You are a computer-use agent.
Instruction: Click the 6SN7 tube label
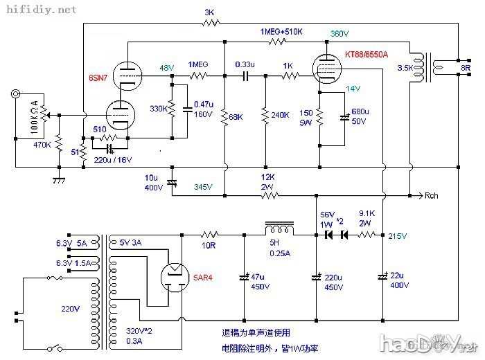(x=98, y=78)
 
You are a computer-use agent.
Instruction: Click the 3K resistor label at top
(x=209, y=12)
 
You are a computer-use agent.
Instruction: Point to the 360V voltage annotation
(x=339, y=33)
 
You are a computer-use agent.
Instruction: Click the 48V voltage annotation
(x=167, y=68)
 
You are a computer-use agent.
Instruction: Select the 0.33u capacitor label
(x=245, y=64)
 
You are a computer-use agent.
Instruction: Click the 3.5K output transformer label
(x=403, y=69)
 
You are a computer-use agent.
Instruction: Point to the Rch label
(x=430, y=196)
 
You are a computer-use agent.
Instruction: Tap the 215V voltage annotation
(x=398, y=237)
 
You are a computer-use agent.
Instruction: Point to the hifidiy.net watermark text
(x=39, y=10)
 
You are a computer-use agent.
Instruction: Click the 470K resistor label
(x=43, y=145)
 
